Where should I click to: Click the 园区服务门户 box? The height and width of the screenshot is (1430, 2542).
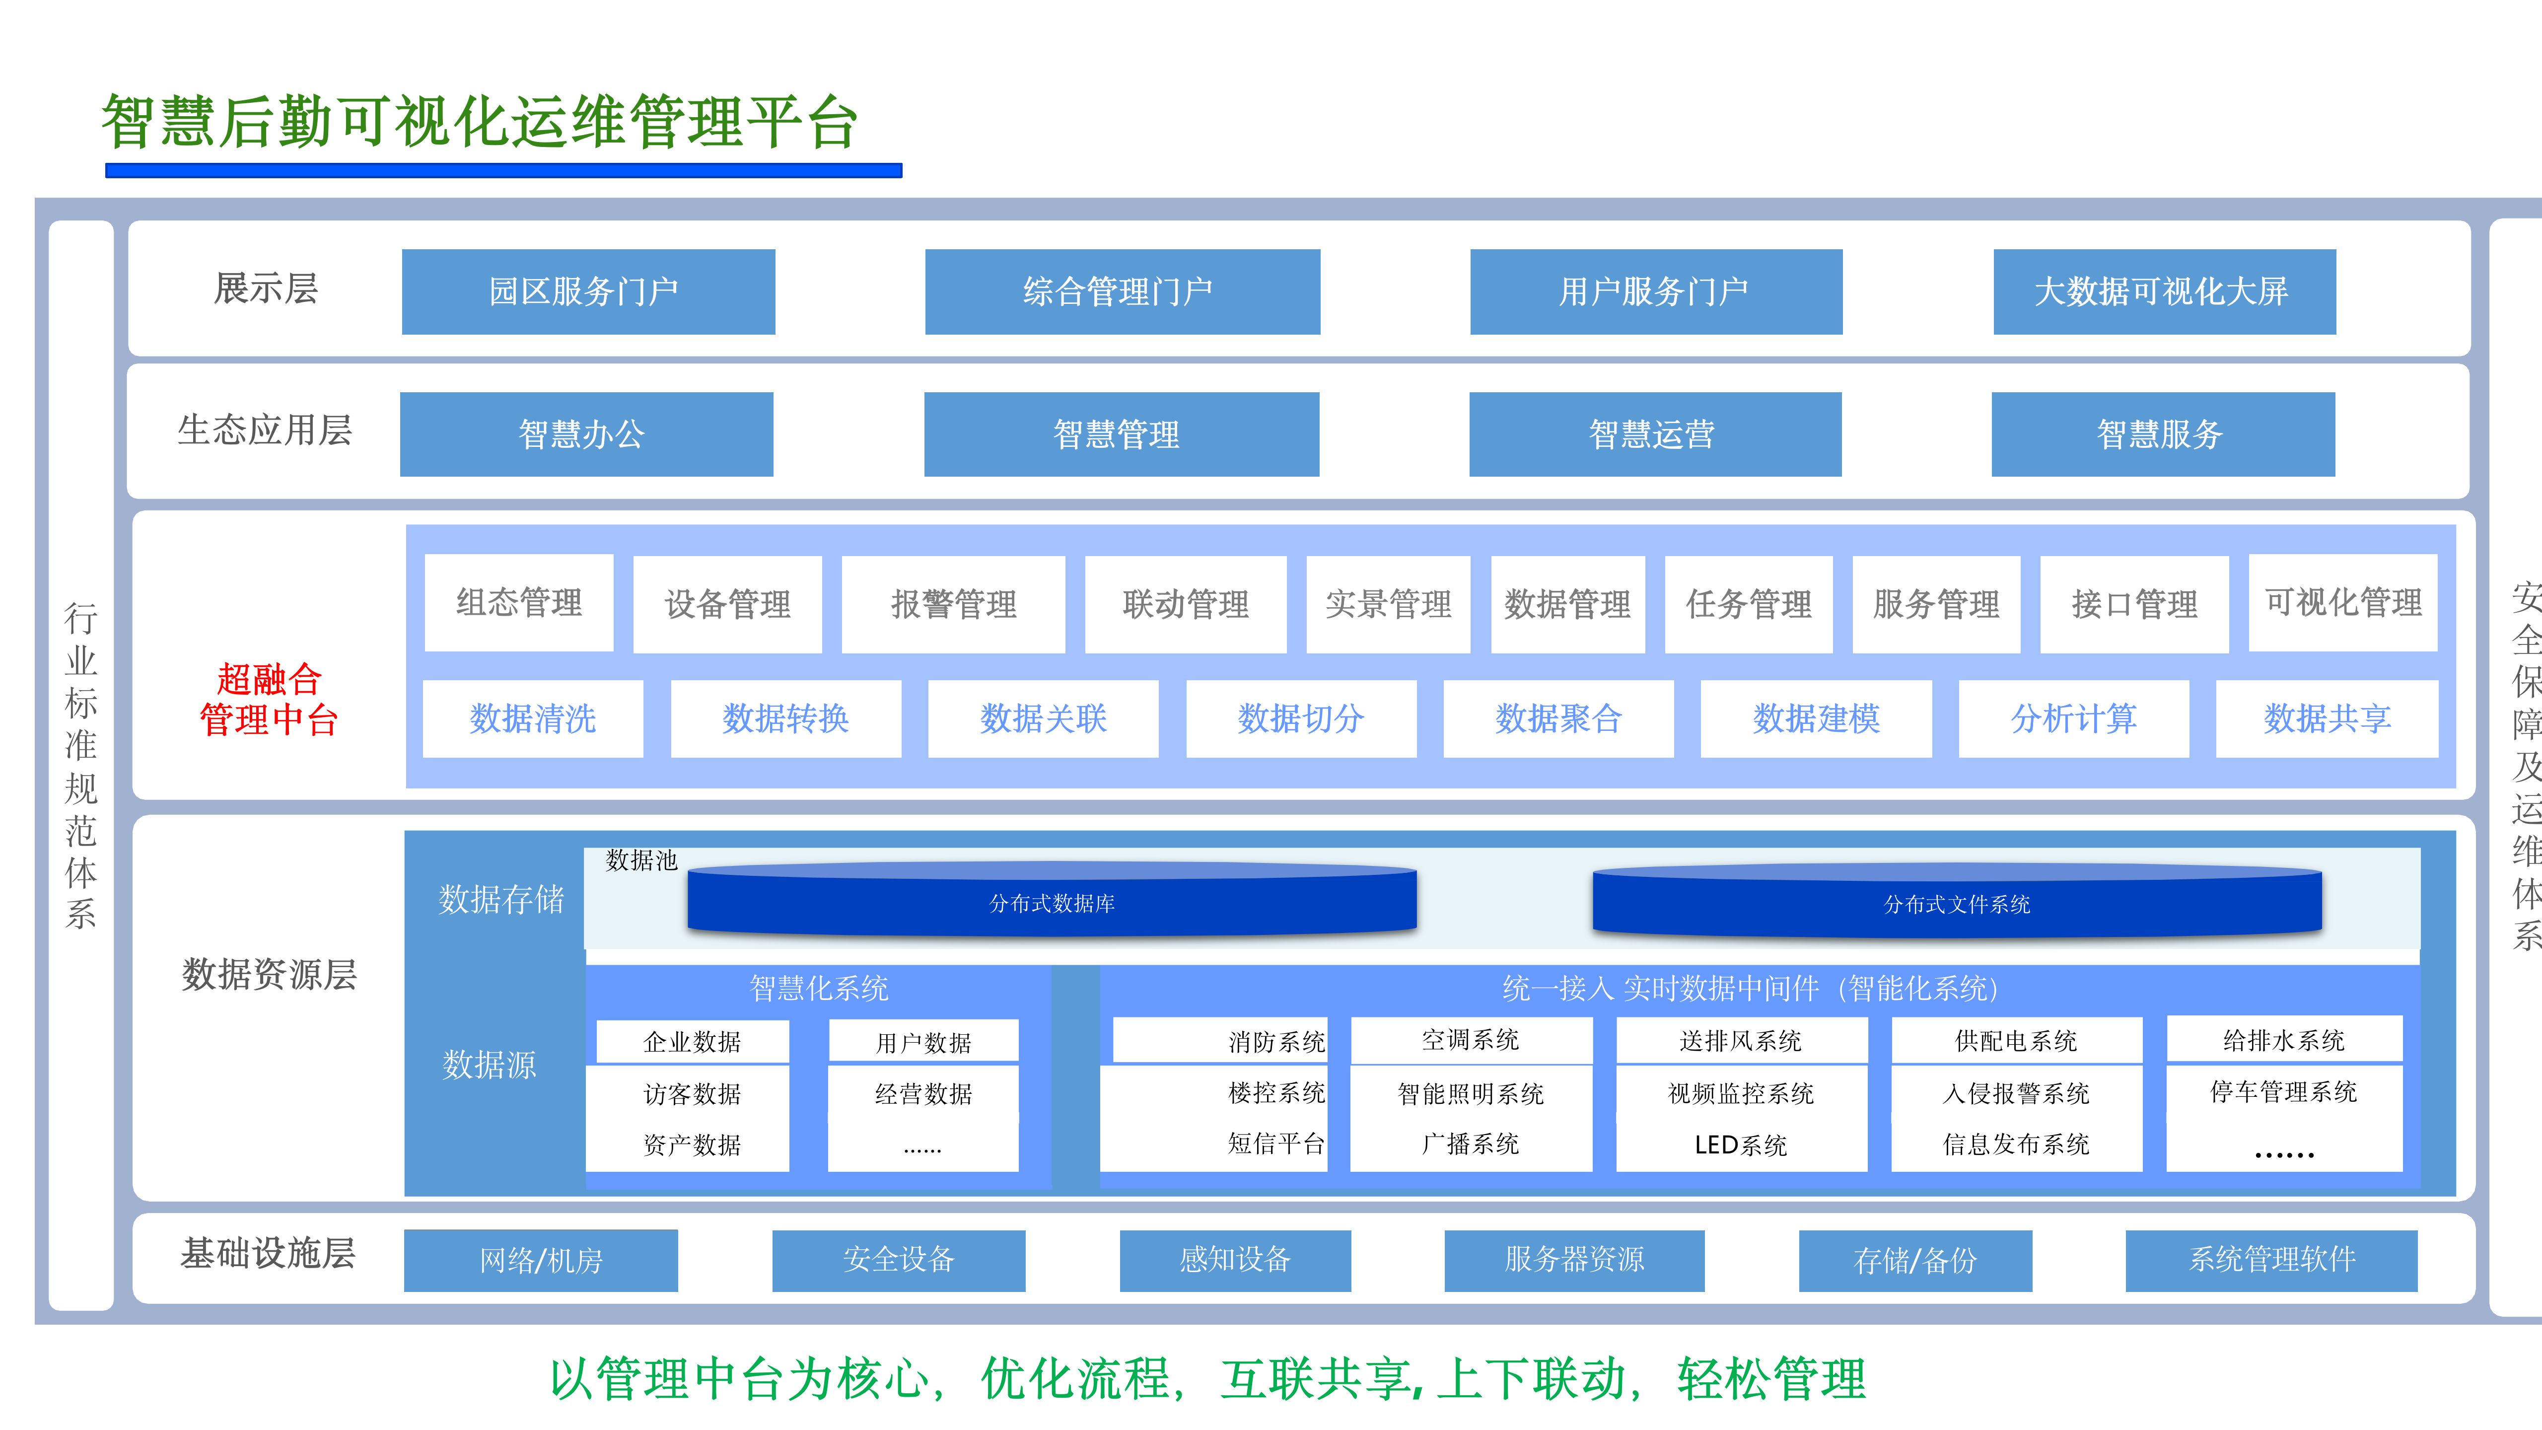(x=588, y=291)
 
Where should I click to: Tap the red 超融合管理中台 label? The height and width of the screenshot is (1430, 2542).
(x=269, y=700)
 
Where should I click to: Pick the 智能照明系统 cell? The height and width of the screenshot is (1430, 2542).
(x=1470, y=1093)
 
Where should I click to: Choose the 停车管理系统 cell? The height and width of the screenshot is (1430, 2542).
(x=2283, y=1091)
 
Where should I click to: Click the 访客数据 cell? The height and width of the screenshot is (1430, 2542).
(x=692, y=1093)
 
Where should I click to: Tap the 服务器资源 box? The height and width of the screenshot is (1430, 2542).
(x=1574, y=1259)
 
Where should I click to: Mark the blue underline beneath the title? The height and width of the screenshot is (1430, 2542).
(x=503, y=171)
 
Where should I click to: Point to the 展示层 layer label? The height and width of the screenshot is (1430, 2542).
(x=266, y=288)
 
